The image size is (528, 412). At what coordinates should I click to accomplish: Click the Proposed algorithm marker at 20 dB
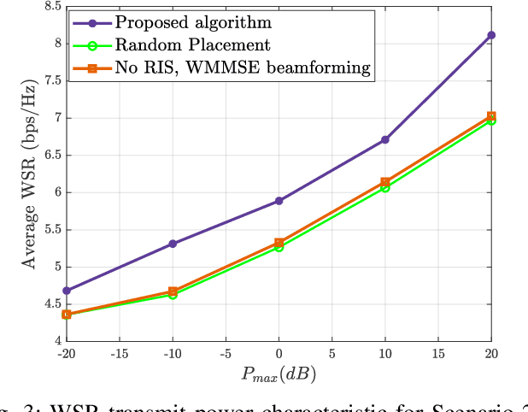pyautogui.click(x=491, y=35)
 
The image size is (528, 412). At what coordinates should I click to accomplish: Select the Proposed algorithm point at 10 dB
pyautogui.click(x=385, y=139)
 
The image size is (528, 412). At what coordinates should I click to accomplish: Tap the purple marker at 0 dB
pyautogui.click(x=279, y=201)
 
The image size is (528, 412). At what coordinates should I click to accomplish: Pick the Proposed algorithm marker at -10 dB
pyautogui.click(x=173, y=244)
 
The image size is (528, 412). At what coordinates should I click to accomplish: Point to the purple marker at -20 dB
pyautogui.click(x=67, y=291)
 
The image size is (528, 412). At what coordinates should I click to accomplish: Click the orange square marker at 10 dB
pyautogui.click(x=385, y=182)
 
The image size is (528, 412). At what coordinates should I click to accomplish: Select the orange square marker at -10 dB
pyautogui.click(x=173, y=291)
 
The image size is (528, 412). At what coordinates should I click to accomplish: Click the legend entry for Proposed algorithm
pyautogui.click(x=179, y=22)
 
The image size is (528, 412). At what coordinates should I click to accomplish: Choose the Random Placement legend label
pyautogui.click(x=192, y=45)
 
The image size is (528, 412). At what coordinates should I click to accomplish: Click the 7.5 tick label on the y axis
pyautogui.click(x=50, y=80)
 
